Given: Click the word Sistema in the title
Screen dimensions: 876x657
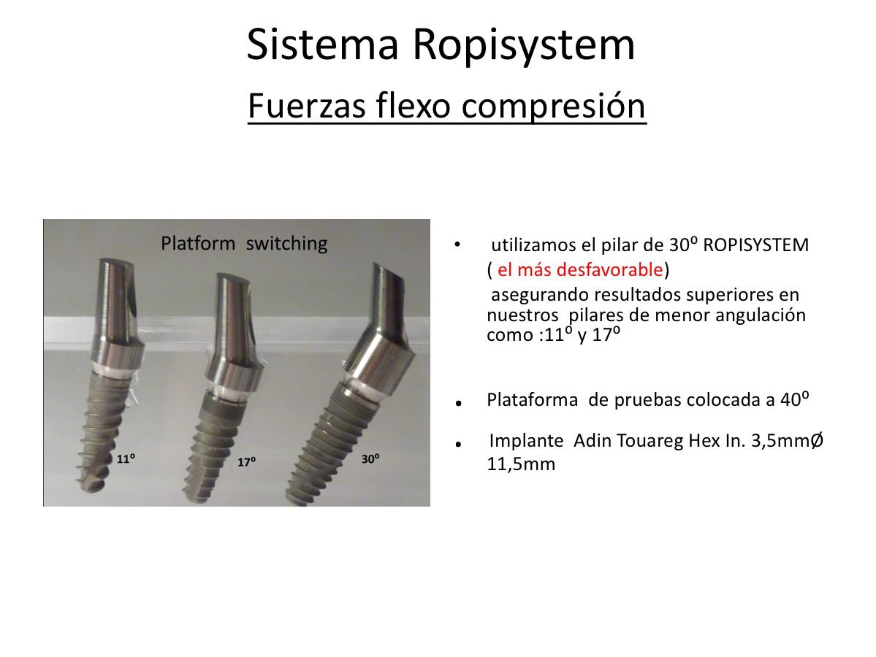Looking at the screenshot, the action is pos(322,44).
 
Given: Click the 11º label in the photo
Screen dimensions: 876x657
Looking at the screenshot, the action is pos(126,459).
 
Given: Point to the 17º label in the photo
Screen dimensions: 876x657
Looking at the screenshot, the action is pos(246,462).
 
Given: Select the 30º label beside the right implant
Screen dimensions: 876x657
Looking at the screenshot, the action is pos(370,459).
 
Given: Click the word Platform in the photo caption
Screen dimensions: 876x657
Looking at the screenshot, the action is pos(198,243).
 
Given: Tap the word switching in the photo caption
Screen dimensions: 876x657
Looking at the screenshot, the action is pos(286,244).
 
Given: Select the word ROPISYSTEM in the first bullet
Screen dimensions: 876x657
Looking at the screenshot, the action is pos(756,245).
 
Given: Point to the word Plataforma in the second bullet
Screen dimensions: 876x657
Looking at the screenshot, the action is pos(533,399).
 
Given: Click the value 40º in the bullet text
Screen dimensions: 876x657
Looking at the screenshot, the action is pos(795,399).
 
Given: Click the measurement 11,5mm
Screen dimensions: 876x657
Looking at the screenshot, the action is pos(521,464).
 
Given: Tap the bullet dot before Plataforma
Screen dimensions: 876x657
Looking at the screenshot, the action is pos(459,403).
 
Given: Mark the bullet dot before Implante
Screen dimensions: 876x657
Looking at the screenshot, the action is pos(459,445).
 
